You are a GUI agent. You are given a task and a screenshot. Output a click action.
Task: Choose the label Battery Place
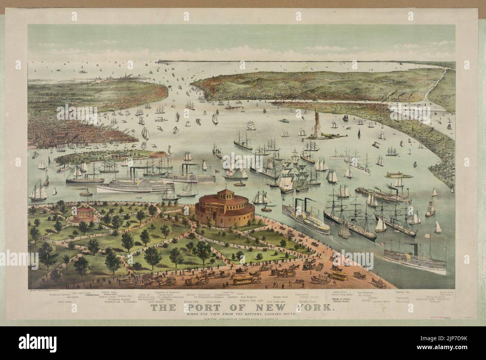coord(308,301)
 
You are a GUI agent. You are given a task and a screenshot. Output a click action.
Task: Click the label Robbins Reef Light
coord(253,300)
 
